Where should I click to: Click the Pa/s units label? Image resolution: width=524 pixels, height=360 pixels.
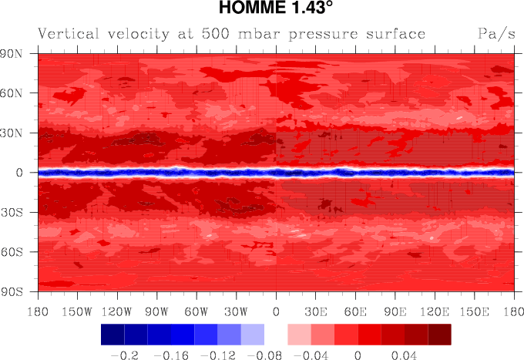coord(495,35)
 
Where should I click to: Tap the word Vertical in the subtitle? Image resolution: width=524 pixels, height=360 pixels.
coord(69,35)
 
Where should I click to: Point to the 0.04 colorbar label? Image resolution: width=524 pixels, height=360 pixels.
coord(404,355)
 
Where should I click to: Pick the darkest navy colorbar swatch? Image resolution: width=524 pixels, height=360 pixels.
coord(113,334)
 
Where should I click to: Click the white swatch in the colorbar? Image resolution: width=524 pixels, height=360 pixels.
coord(275,334)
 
